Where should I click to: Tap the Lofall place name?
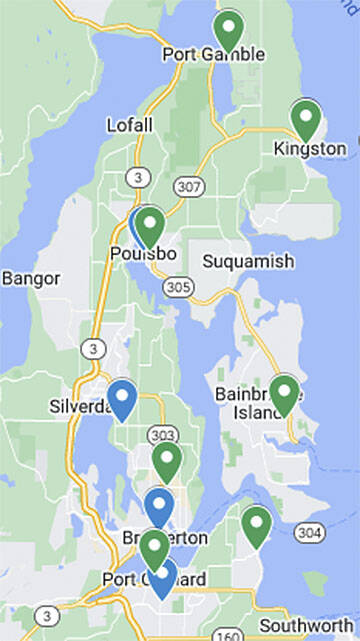tap(130, 125)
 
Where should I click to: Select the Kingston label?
tap(310, 149)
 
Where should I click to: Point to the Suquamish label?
tap(248, 262)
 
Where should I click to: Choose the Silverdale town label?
tap(80, 407)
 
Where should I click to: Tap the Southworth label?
tap(305, 625)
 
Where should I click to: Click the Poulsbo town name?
tap(142, 254)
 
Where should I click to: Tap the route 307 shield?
tap(187, 186)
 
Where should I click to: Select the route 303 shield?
tap(160, 435)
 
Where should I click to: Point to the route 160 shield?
tap(227, 634)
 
